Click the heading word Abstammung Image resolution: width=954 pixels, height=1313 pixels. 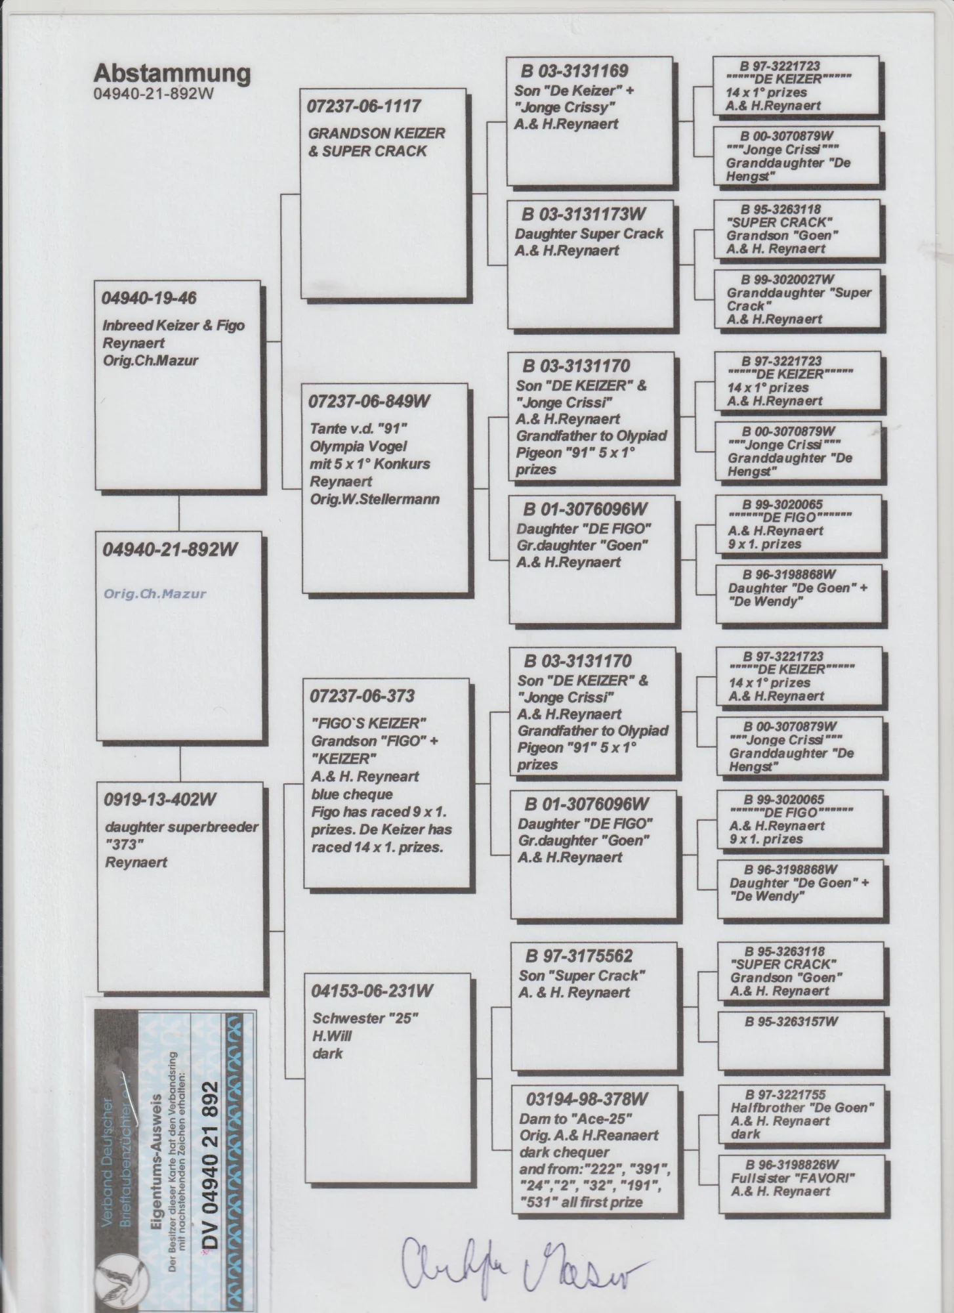click(x=172, y=74)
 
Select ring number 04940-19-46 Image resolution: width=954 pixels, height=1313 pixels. click(x=149, y=298)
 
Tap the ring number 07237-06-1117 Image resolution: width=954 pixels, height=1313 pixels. click(x=364, y=106)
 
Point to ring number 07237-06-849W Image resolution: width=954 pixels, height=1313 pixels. click(x=369, y=401)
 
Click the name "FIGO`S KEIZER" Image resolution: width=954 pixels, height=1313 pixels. click(x=369, y=723)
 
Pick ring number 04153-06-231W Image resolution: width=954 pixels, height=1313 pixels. click(x=372, y=991)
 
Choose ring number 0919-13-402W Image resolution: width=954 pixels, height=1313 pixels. click(x=160, y=800)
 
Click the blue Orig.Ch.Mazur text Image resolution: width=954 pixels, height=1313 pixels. click(x=155, y=594)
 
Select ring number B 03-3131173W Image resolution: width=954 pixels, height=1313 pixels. click(x=584, y=214)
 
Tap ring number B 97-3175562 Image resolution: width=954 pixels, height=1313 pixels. click(x=579, y=957)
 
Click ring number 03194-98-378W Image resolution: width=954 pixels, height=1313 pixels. click(x=587, y=1099)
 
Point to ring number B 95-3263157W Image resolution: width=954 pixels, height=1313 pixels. click(x=791, y=1022)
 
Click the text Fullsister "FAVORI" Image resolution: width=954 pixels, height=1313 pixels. click(x=793, y=1178)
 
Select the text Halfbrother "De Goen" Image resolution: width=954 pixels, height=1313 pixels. click(x=802, y=1108)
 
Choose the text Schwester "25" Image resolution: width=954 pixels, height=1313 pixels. click(x=365, y=1018)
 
